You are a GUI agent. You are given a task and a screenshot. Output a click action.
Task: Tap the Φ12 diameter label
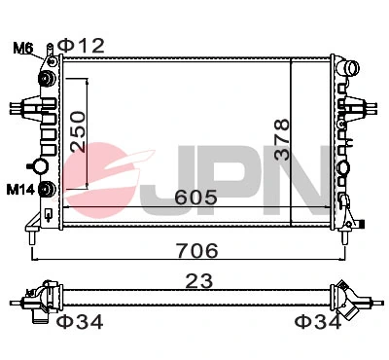pyautogui.click(x=80, y=44)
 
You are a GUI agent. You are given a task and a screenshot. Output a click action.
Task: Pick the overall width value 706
pyautogui.click(x=191, y=250)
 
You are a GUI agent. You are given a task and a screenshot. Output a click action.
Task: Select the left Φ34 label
pyautogui.click(x=79, y=322)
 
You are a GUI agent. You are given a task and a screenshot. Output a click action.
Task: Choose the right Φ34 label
pyautogui.click(x=318, y=322)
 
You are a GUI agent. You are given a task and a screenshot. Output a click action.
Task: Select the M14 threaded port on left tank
pyautogui.click(x=46, y=188)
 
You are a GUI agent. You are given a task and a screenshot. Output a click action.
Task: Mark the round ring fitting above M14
pyautogui.click(x=41, y=165)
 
